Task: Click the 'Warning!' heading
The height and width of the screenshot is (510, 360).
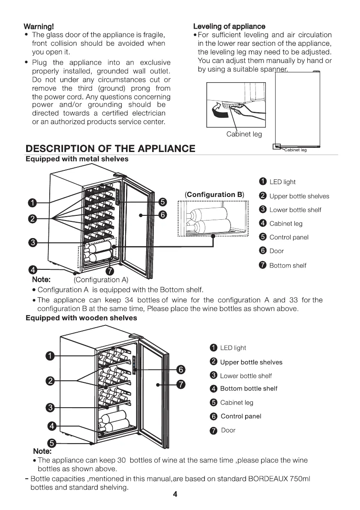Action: pyautogui.click(x=39, y=26)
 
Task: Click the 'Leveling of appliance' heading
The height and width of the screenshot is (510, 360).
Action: pyautogui.click(x=229, y=26)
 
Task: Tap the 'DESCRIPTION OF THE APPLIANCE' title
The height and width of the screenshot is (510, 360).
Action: pyautogui.click(x=111, y=149)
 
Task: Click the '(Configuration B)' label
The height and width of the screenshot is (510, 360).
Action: pyautogui.click(x=214, y=194)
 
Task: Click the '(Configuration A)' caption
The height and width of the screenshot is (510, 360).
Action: pyautogui.click(x=101, y=280)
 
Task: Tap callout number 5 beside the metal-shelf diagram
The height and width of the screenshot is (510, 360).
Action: pyautogui.click(x=162, y=202)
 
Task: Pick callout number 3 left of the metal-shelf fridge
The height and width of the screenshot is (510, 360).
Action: pyautogui.click(x=32, y=242)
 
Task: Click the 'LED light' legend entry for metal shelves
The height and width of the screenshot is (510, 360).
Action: pyautogui.click(x=282, y=182)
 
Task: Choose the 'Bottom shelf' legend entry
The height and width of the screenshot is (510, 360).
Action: pyautogui.click(x=287, y=265)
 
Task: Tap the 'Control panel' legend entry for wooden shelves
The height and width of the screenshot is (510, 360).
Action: pyautogui.click(x=240, y=416)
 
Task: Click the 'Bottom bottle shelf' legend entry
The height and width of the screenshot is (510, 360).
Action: pyautogui.click(x=248, y=388)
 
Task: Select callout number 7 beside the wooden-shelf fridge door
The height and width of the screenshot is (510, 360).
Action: pyautogui.click(x=181, y=384)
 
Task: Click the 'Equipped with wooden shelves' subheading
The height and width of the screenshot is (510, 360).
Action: pyautogui.click(x=81, y=318)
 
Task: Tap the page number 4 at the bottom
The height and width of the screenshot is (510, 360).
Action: pyautogui.click(x=175, y=494)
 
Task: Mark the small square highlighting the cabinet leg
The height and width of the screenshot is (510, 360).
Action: pyautogui.click(x=277, y=147)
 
